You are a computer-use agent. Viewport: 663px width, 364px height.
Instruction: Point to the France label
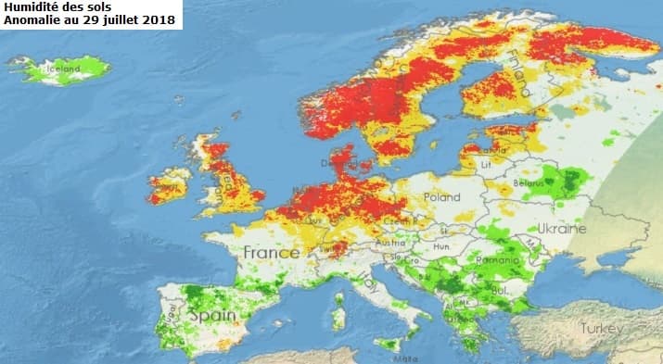coord(271,252)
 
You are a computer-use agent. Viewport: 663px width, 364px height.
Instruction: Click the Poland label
coord(441,197)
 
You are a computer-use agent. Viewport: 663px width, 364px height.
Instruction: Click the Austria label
coord(384,244)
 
